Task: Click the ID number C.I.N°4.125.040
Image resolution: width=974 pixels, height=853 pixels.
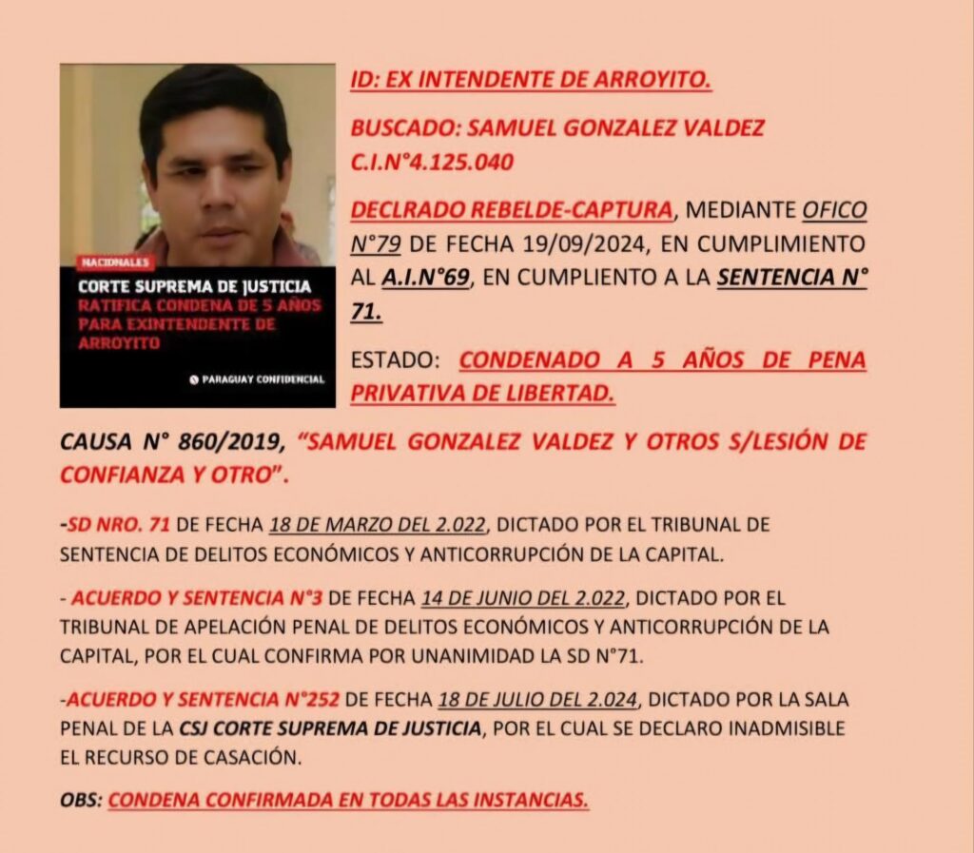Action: [x=432, y=163]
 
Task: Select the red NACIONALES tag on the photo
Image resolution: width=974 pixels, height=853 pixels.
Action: [x=113, y=262]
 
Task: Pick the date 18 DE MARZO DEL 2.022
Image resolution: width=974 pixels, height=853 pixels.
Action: [x=378, y=525]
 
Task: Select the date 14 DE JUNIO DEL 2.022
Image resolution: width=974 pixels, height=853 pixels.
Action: [x=521, y=599]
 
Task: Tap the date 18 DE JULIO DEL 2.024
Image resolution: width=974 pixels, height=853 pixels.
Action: [x=538, y=700]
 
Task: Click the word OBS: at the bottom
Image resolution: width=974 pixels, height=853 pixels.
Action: [x=80, y=800]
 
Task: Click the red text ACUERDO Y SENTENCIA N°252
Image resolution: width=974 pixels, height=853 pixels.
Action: [x=204, y=700]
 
